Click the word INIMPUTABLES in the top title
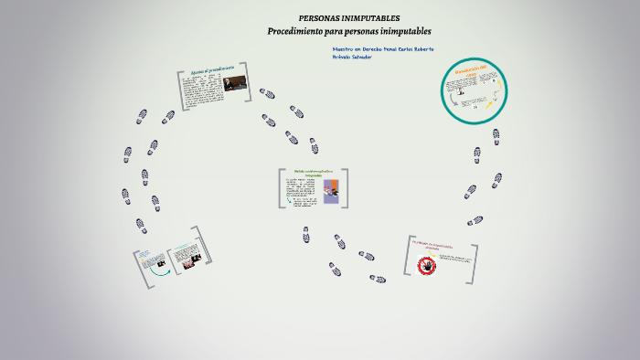pos(371,18)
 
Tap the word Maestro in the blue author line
pos(343,48)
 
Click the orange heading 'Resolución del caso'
pos(473,71)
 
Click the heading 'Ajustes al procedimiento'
pos(214,70)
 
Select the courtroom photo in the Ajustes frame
pos(235,83)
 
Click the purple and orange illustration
pos(331,190)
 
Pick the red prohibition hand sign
pos(427,265)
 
